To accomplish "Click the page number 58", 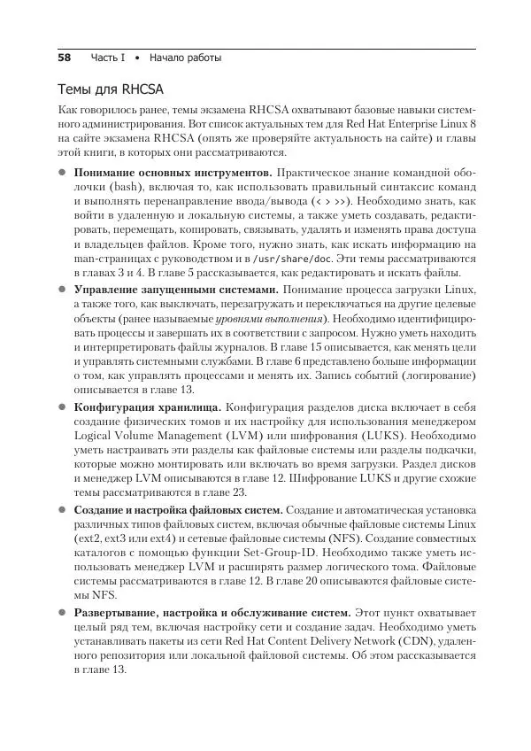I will (64, 58).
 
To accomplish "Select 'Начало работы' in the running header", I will (186, 58).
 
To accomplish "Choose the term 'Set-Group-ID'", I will (270, 554).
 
